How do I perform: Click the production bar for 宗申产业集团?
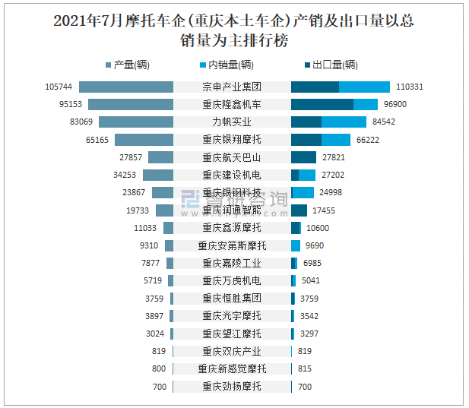pos(126,87)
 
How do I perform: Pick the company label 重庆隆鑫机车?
pos(232,104)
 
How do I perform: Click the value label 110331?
pos(409,87)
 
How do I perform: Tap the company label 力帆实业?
pos(232,122)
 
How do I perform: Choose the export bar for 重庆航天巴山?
pos(303,157)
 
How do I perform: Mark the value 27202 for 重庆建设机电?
pos(333,175)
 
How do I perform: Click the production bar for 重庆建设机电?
pos(158,175)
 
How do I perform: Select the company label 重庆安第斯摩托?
pos(232,245)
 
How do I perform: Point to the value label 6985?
pos(312,263)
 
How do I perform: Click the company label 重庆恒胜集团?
pos(232,298)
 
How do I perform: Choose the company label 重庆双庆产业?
pos(232,351)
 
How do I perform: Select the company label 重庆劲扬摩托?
pos(232,386)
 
